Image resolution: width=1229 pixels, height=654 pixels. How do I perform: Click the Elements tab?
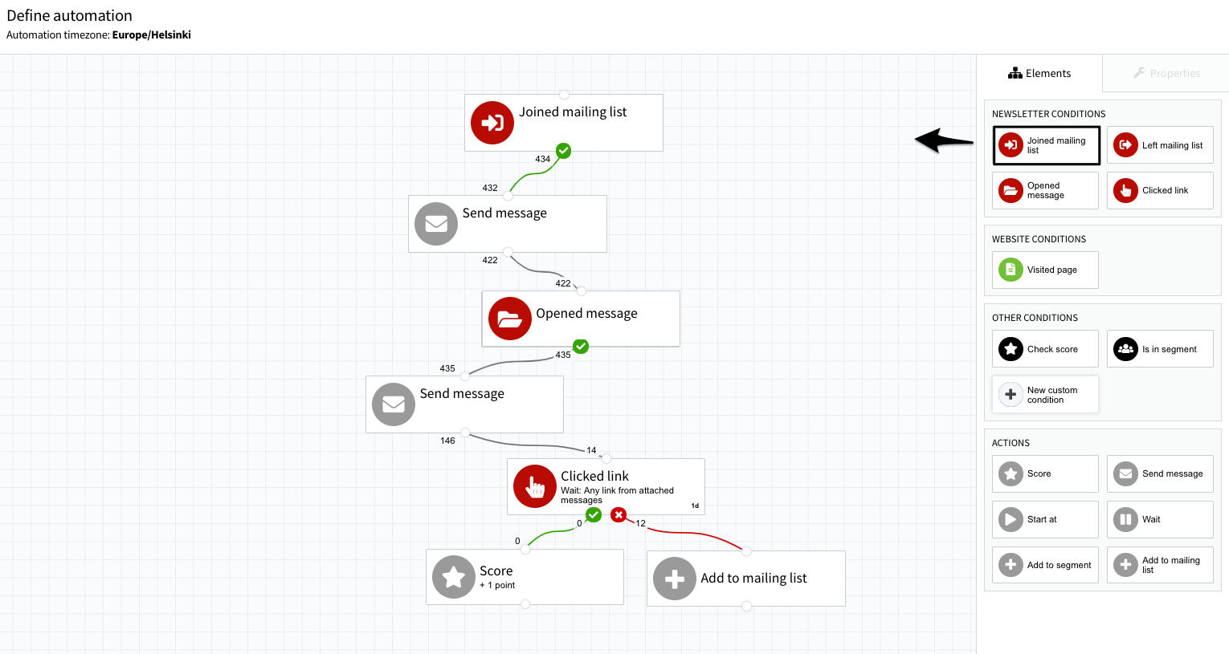tap(1039, 73)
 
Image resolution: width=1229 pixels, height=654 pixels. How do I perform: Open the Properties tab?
tap(1166, 73)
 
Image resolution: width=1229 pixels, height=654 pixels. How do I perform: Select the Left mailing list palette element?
tap(1160, 145)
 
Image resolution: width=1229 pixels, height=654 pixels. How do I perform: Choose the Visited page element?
tap(1045, 270)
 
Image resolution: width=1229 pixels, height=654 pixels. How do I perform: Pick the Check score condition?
tap(1045, 348)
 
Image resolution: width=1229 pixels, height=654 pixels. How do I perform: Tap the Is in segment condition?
tap(1160, 348)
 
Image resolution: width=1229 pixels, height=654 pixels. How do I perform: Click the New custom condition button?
tap(1045, 395)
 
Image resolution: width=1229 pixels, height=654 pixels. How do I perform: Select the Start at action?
tap(1045, 519)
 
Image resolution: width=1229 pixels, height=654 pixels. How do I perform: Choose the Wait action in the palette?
tap(1160, 519)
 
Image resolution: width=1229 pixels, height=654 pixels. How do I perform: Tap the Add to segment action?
tap(1045, 565)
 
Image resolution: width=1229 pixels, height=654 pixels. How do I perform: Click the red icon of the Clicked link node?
tap(534, 486)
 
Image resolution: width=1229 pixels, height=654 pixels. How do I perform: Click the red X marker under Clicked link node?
tap(619, 514)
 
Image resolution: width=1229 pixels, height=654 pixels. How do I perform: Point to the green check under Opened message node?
tap(581, 347)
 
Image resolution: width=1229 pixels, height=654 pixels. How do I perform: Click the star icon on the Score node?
tap(454, 577)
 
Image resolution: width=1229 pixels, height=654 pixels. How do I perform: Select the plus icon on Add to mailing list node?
tap(674, 579)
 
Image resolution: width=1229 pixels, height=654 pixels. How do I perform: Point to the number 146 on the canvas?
tap(447, 441)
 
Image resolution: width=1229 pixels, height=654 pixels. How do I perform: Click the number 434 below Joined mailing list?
tap(543, 159)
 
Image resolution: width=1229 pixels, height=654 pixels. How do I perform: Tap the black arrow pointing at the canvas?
tap(945, 141)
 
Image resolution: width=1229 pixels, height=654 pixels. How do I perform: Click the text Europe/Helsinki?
tap(152, 35)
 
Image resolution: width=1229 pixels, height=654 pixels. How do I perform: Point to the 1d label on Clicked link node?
tap(695, 506)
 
